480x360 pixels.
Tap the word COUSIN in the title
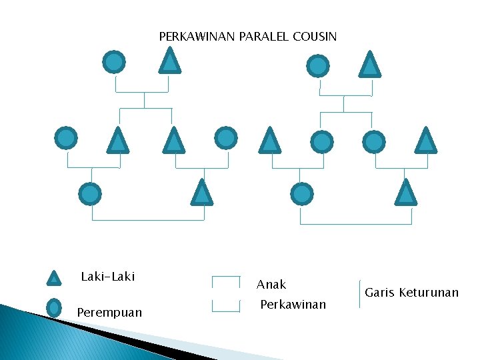(315, 36)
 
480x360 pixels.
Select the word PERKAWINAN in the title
(196, 36)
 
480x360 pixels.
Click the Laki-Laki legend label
(107, 276)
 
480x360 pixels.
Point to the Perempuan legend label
(109, 312)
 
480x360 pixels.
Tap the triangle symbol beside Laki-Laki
(55, 278)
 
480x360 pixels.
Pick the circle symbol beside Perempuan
(55, 307)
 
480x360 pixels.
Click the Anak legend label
(271, 285)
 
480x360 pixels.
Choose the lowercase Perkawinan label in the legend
(293, 305)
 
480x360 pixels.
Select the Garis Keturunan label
(411, 292)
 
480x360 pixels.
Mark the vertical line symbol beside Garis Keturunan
(359, 293)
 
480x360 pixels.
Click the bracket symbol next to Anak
(225, 281)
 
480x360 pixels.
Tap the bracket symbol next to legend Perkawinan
(225, 305)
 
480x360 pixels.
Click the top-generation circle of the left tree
(114, 62)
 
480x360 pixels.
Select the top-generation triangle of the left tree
(170, 61)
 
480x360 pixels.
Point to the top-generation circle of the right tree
(317, 66)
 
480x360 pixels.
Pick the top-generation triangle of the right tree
(369, 65)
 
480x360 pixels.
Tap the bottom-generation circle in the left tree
(90, 194)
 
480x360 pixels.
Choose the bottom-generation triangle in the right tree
(405, 193)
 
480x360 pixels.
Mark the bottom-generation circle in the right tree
(302, 194)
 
